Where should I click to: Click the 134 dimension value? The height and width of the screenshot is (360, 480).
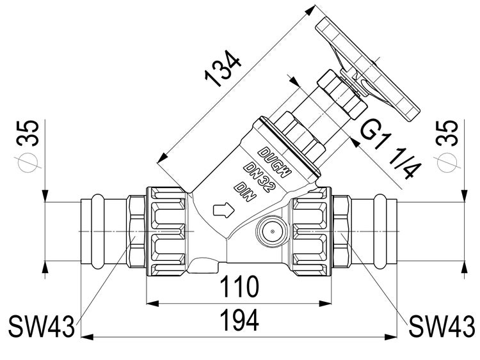point(223,70)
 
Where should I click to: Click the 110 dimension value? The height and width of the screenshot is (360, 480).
point(240,286)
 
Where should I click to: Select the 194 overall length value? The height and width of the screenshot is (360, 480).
point(240,320)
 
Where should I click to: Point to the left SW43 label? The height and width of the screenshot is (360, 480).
point(42,327)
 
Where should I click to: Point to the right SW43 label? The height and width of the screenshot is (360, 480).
point(442,326)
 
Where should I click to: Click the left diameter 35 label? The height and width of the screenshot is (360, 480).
point(28,145)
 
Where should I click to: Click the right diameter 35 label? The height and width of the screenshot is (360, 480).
point(447,145)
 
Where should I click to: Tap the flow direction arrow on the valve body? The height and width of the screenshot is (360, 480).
point(223,210)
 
